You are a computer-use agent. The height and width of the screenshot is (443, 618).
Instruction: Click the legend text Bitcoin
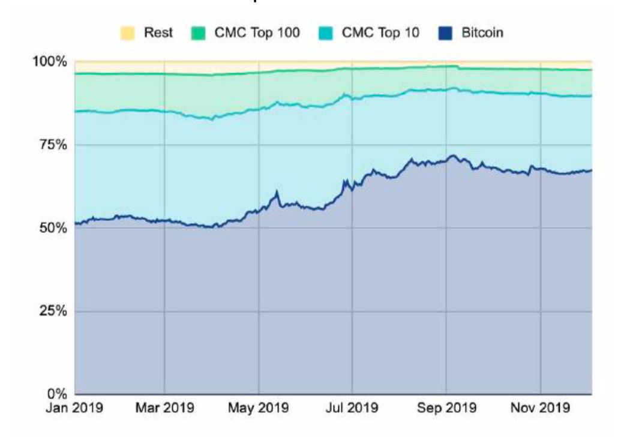482,33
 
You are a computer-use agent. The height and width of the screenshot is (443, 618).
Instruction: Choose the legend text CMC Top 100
257,33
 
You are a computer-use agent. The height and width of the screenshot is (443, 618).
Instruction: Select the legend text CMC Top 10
380,33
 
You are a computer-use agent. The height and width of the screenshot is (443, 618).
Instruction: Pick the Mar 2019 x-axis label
164,408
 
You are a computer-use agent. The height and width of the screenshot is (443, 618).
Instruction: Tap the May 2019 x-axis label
259,408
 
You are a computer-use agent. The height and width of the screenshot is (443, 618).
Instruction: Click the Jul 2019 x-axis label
352,408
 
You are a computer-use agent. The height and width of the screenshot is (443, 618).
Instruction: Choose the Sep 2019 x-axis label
447,408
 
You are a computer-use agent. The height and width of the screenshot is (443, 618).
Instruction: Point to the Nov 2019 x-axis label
541,408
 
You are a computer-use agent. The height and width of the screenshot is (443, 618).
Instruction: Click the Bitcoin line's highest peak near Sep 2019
454,156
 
